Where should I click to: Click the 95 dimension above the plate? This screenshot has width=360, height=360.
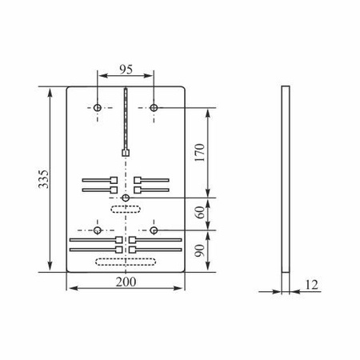[x=126, y=70]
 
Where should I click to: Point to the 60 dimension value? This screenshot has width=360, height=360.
[x=200, y=212]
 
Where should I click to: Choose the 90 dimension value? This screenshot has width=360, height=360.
[x=200, y=250]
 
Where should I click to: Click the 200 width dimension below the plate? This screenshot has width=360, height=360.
[x=126, y=282]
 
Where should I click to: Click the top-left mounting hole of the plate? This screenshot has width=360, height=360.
[x=98, y=107]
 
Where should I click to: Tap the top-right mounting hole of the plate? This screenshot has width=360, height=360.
[x=154, y=107]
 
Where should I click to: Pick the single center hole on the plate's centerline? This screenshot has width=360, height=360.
[x=126, y=198]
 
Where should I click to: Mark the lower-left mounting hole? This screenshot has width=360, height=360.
[x=98, y=230]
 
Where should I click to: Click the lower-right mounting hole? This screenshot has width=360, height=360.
[x=154, y=230]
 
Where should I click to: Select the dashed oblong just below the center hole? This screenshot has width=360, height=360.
[x=126, y=210]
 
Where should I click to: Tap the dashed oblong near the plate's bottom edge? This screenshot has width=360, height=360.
[x=119, y=262]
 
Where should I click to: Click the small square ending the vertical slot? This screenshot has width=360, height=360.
[x=126, y=152]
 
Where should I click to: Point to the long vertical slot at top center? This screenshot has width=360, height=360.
[x=126, y=120]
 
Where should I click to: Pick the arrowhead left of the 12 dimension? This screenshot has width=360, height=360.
[x=278, y=291]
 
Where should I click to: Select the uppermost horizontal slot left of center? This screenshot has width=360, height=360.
[x=98, y=180]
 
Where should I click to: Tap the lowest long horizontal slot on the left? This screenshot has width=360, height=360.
[x=94, y=250]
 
